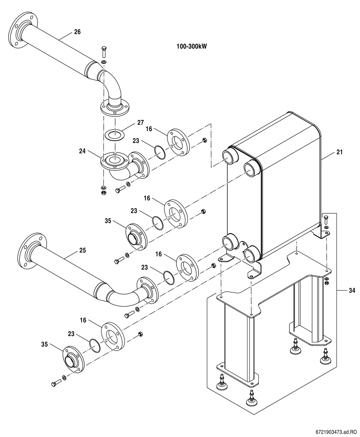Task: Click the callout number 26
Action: (x=77, y=32)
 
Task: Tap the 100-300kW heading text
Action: (x=192, y=46)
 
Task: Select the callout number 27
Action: (x=141, y=123)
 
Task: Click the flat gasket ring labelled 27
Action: (x=115, y=135)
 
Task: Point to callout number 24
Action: (x=82, y=151)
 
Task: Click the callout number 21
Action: (x=339, y=152)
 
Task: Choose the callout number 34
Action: (x=352, y=291)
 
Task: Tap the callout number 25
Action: (x=83, y=250)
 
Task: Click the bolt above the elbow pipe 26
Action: (x=104, y=52)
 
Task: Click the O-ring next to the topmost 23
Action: (x=160, y=152)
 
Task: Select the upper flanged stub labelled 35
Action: (x=136, y=237)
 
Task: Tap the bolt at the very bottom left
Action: (x=56, y=383)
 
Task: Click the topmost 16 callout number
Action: (x=149, y=129)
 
